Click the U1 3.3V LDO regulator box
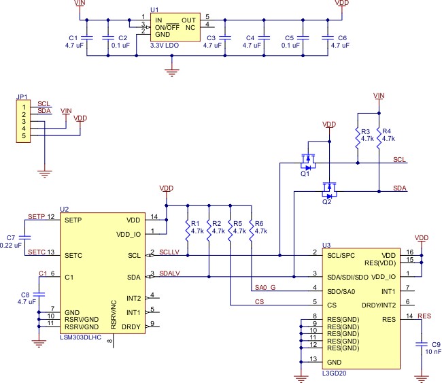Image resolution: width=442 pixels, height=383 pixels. (175, 27)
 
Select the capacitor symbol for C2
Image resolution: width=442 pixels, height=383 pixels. (108, 38)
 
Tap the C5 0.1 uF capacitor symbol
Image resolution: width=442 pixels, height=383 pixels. (303, 38)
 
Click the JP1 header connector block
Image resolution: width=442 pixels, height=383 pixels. (23, 121)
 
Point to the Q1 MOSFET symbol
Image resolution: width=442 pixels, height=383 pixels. (308, 162)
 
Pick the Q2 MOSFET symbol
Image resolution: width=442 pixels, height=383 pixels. (329, 190)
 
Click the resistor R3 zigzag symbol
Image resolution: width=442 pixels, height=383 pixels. (358, 138)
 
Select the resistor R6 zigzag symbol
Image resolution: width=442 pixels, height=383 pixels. (251, 231)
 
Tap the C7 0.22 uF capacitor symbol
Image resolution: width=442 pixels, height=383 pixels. (24, 237)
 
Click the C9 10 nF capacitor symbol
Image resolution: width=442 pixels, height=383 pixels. (422, 344)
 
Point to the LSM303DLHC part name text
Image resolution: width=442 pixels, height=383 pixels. (81, 337)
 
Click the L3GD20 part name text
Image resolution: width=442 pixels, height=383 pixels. (335, 373)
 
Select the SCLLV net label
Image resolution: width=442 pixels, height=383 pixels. (169, 252)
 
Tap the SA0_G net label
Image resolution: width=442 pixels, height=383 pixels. (265, 287)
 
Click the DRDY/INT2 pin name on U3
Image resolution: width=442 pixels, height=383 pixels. (379, 305)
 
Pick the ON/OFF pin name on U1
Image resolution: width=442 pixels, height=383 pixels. (167, 28)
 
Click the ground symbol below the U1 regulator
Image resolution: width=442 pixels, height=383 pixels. (172, 72)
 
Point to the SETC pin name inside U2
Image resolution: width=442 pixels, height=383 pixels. (73, 256)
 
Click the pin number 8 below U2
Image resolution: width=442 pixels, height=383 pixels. (110, 341)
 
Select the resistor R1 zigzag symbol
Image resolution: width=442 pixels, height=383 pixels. (188, 231)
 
